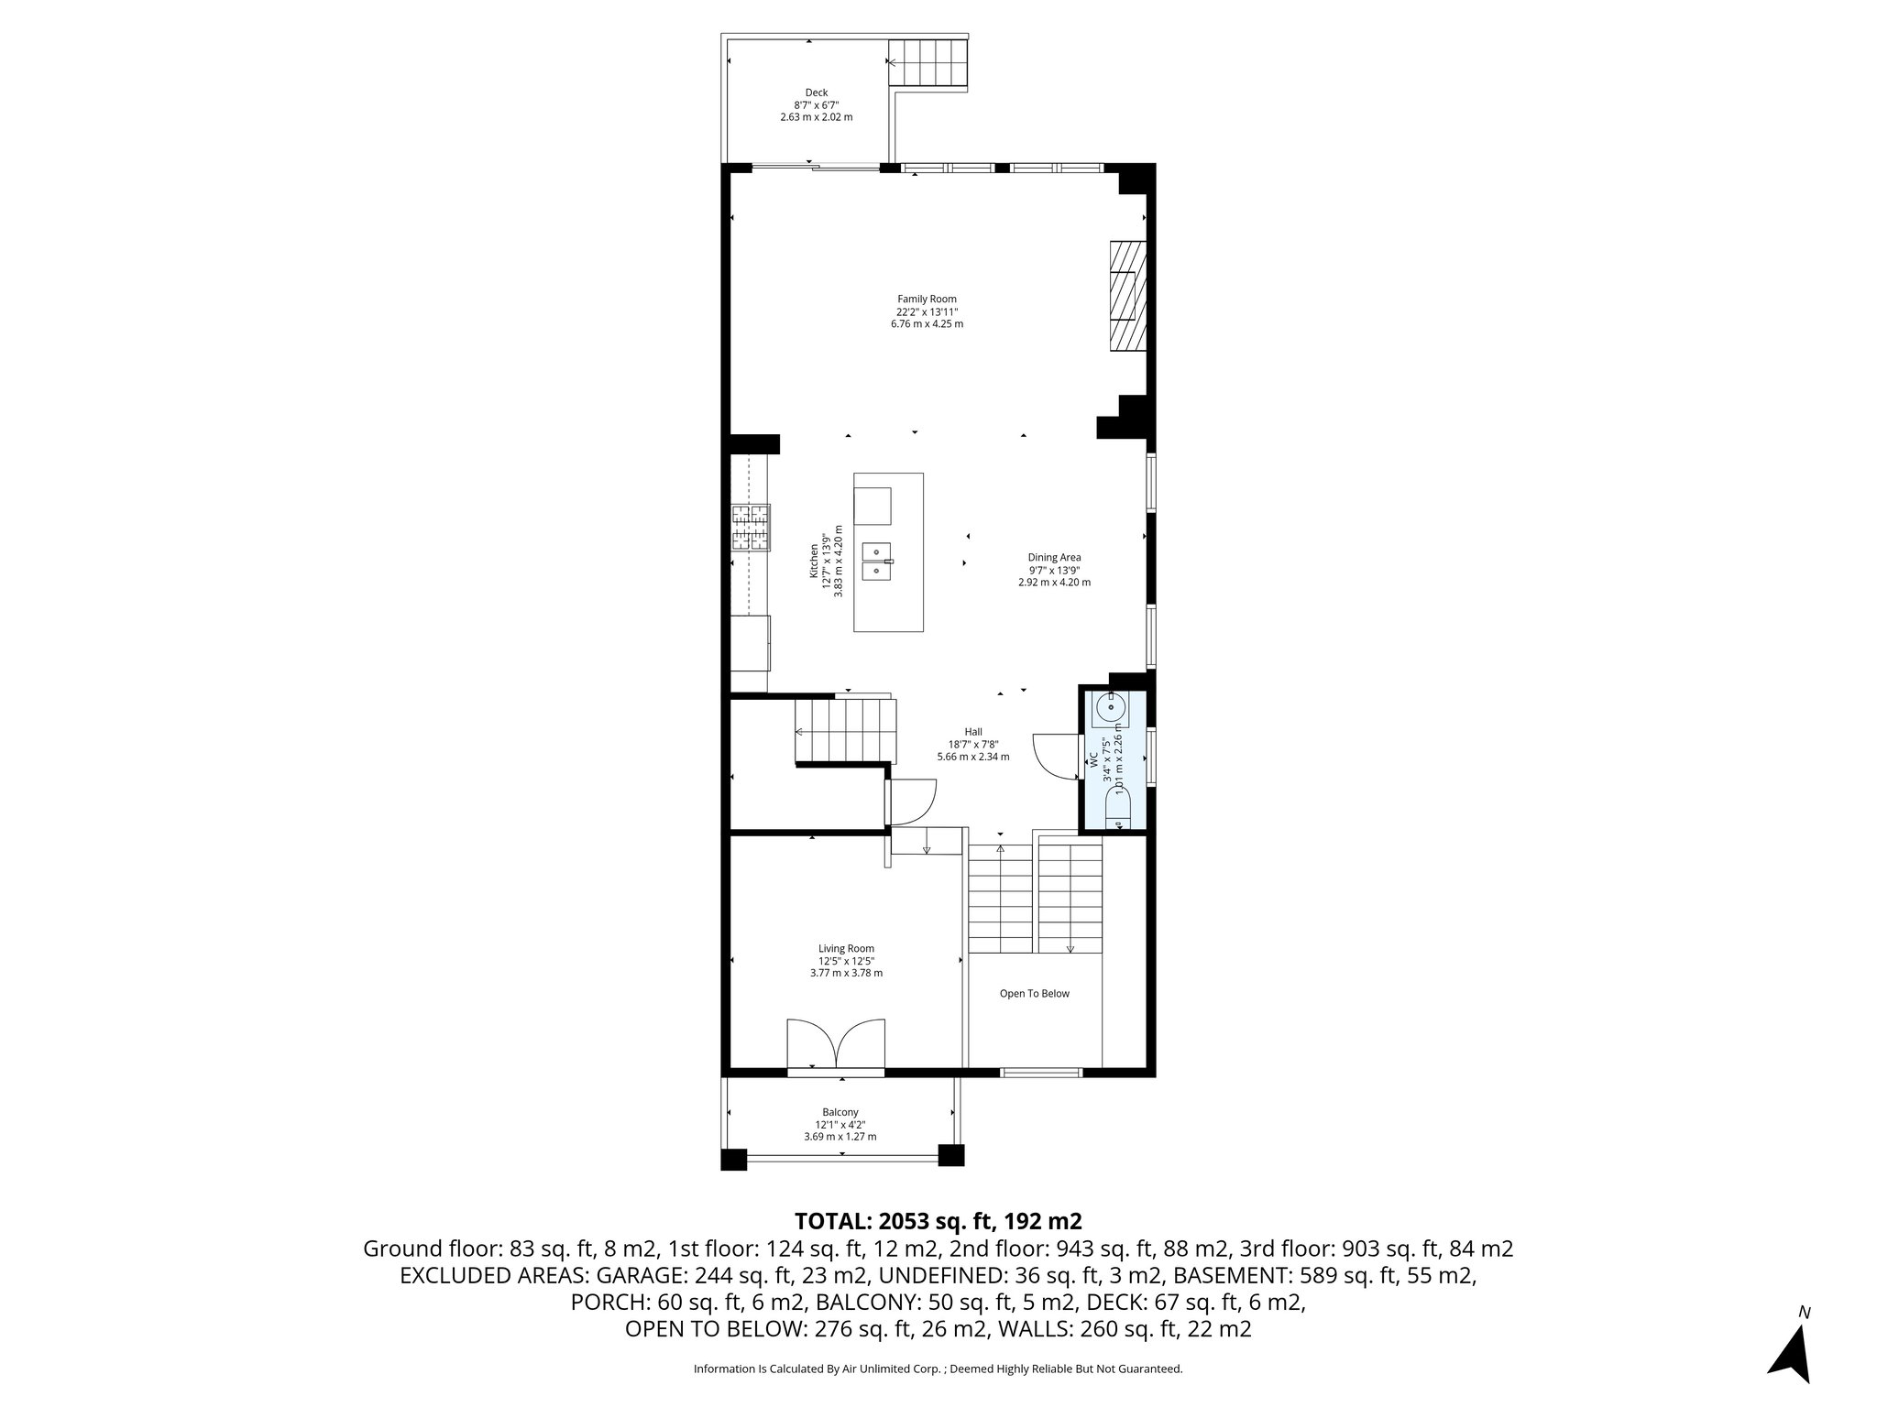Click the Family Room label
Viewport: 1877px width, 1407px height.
[927, 299]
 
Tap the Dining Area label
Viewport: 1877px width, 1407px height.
[1054, 557]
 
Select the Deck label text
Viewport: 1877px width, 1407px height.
[816, 93]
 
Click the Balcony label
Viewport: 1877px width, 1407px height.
[840, 1112]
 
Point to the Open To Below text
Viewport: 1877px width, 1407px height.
[1034, 994]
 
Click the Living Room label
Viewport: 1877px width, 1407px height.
[846, 948]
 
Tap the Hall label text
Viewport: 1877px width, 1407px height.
[972, 732]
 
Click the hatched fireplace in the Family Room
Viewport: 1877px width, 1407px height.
[1127, 295]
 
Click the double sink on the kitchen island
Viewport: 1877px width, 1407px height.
[877, 561]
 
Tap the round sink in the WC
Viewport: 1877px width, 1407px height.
[1111, 706]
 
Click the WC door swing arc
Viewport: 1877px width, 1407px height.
[1052, 756]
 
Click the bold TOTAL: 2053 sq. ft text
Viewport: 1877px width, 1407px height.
[938, 1221]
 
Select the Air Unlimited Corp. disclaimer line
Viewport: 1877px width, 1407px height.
[938, 1369]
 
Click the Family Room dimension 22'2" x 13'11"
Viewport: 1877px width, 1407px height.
[927, 311]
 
